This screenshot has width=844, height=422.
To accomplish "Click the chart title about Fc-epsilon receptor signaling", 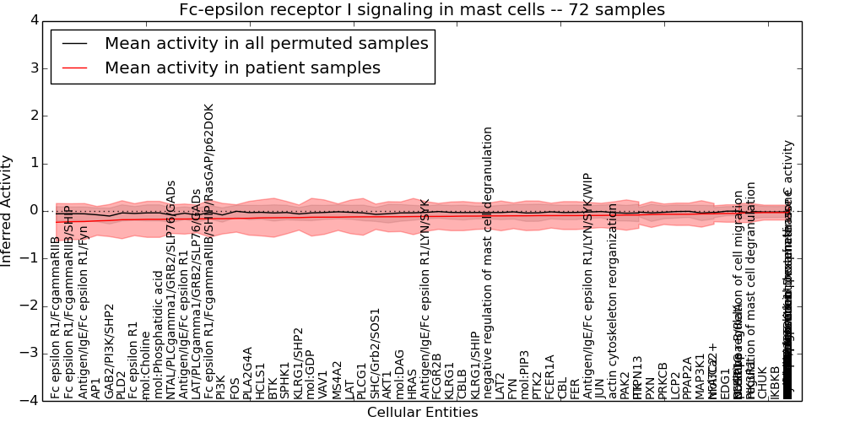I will [421, 10].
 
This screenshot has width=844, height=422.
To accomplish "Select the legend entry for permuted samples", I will [266, 44].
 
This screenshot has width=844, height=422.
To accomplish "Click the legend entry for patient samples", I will [242, 68].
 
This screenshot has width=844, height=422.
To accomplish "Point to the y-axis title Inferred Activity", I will [8, 210].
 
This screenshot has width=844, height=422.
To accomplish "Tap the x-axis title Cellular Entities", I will [422, 413].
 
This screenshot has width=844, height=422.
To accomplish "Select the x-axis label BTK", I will [273, 387].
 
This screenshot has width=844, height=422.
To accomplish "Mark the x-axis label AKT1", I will [387, 384].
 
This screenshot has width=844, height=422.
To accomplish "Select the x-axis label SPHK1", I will [285, 381].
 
